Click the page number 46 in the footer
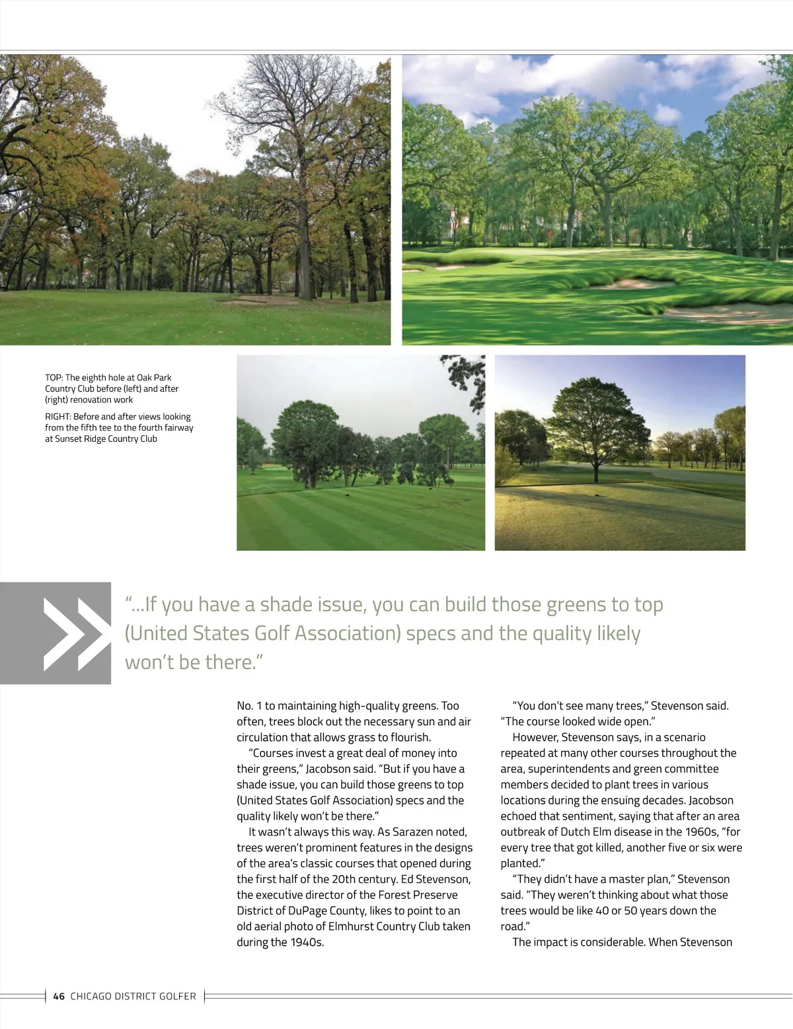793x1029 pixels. click(x=59, y=996)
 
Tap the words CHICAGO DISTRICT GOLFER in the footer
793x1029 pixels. click(x=133, y=996)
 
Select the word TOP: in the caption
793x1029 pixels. click(x=54, y=378)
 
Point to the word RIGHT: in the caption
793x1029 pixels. click(x=58, y=417)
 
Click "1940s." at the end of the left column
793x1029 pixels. click(x=307, y=942)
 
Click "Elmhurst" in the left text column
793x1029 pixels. click(x=354, y=927)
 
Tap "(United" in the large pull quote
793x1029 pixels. click(x=156, y=633)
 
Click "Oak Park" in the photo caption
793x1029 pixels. click(x=154, y=378)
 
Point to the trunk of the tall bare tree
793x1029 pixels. click(x=304, y=251)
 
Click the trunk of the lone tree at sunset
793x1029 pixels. click(x=597, y=472)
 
